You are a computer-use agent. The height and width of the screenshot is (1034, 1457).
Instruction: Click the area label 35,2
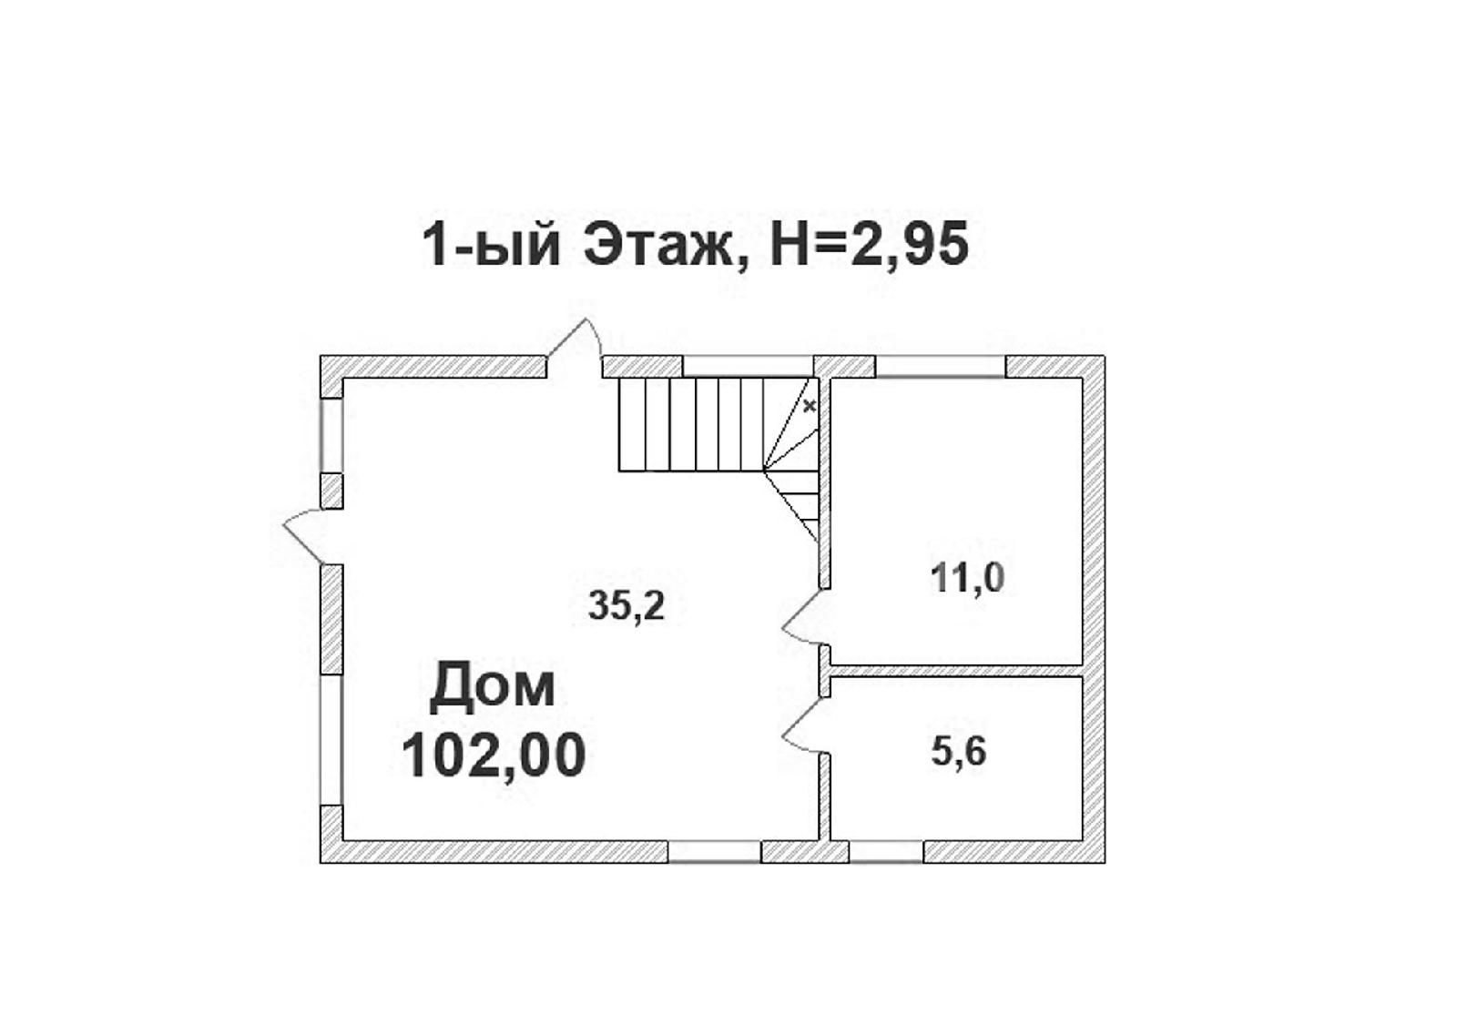(x=627, y=606)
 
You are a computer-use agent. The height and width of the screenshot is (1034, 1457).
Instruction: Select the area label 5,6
(x=959, y=753)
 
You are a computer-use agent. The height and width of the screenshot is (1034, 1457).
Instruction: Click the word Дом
(x=493, y=685)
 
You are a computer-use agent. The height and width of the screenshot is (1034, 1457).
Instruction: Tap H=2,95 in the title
(x=870, y=246)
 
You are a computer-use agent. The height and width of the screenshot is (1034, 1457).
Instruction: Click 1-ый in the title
(x=491, y=247)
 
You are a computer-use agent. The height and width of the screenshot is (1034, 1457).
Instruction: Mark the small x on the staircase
(x=810, y=407)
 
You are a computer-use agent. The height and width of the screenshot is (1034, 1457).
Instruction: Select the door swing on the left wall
(x=303, y=535)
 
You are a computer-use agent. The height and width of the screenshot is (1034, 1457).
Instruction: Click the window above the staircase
(x=748, y=366)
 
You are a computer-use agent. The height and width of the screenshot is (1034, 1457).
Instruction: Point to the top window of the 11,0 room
(x=941, y=366)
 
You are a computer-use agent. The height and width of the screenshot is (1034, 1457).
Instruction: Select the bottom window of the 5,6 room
(x=887, y=852)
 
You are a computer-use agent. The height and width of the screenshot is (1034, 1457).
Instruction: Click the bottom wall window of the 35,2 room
(x=714, y=852)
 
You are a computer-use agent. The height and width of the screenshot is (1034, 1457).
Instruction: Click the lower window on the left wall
(x=331, y=740)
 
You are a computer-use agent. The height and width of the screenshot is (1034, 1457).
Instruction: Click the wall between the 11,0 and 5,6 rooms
(x=956, y=671)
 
